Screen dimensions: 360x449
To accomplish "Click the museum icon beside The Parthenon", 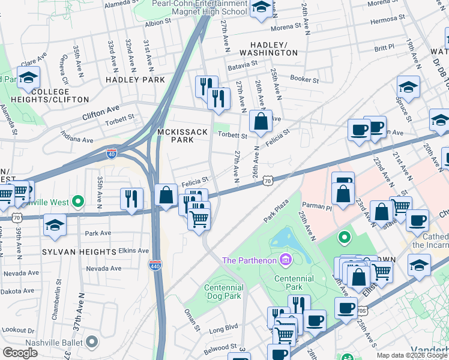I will [x=285, y=260].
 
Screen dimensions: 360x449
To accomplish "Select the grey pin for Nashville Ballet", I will [x=92, y=342].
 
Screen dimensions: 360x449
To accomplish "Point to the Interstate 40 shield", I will [x=111, y=153].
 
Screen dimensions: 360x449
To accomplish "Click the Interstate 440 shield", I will [x=155, y=264].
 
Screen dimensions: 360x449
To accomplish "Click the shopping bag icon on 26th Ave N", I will [x=261, y=122].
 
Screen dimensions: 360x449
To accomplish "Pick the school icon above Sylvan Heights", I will [x=55, y=225].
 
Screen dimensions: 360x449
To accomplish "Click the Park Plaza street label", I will [x=277, y=212].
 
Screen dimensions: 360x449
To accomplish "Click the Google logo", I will [x=20, y=352].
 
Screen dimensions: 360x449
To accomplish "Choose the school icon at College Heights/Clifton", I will [x=28, y=78].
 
